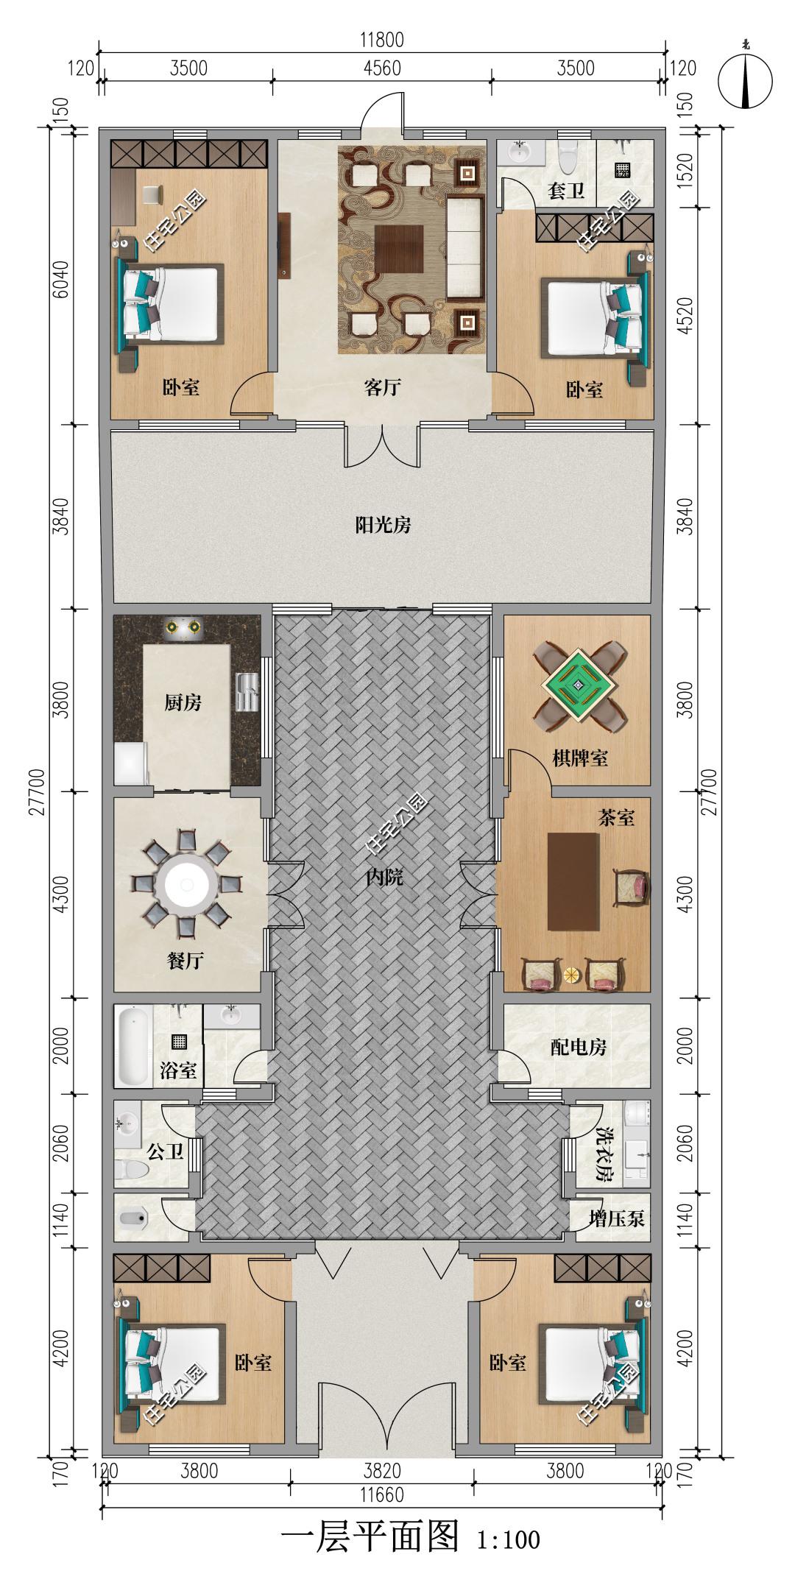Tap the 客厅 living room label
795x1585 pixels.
(382, 387)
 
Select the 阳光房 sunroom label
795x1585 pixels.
(383, 525)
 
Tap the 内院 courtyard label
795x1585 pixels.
(383, 877)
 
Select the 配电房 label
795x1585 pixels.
(579, 1047)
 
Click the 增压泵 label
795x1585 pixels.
(617, 1219)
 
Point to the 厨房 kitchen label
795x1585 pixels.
(182, 702)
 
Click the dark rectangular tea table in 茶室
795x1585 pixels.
(573, 880)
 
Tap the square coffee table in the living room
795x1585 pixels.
(398, 250)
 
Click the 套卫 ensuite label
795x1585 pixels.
(566, 191)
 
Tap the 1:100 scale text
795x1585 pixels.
(509, 1556)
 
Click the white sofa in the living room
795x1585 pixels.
(464, 248)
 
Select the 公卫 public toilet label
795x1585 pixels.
(165, 1152)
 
